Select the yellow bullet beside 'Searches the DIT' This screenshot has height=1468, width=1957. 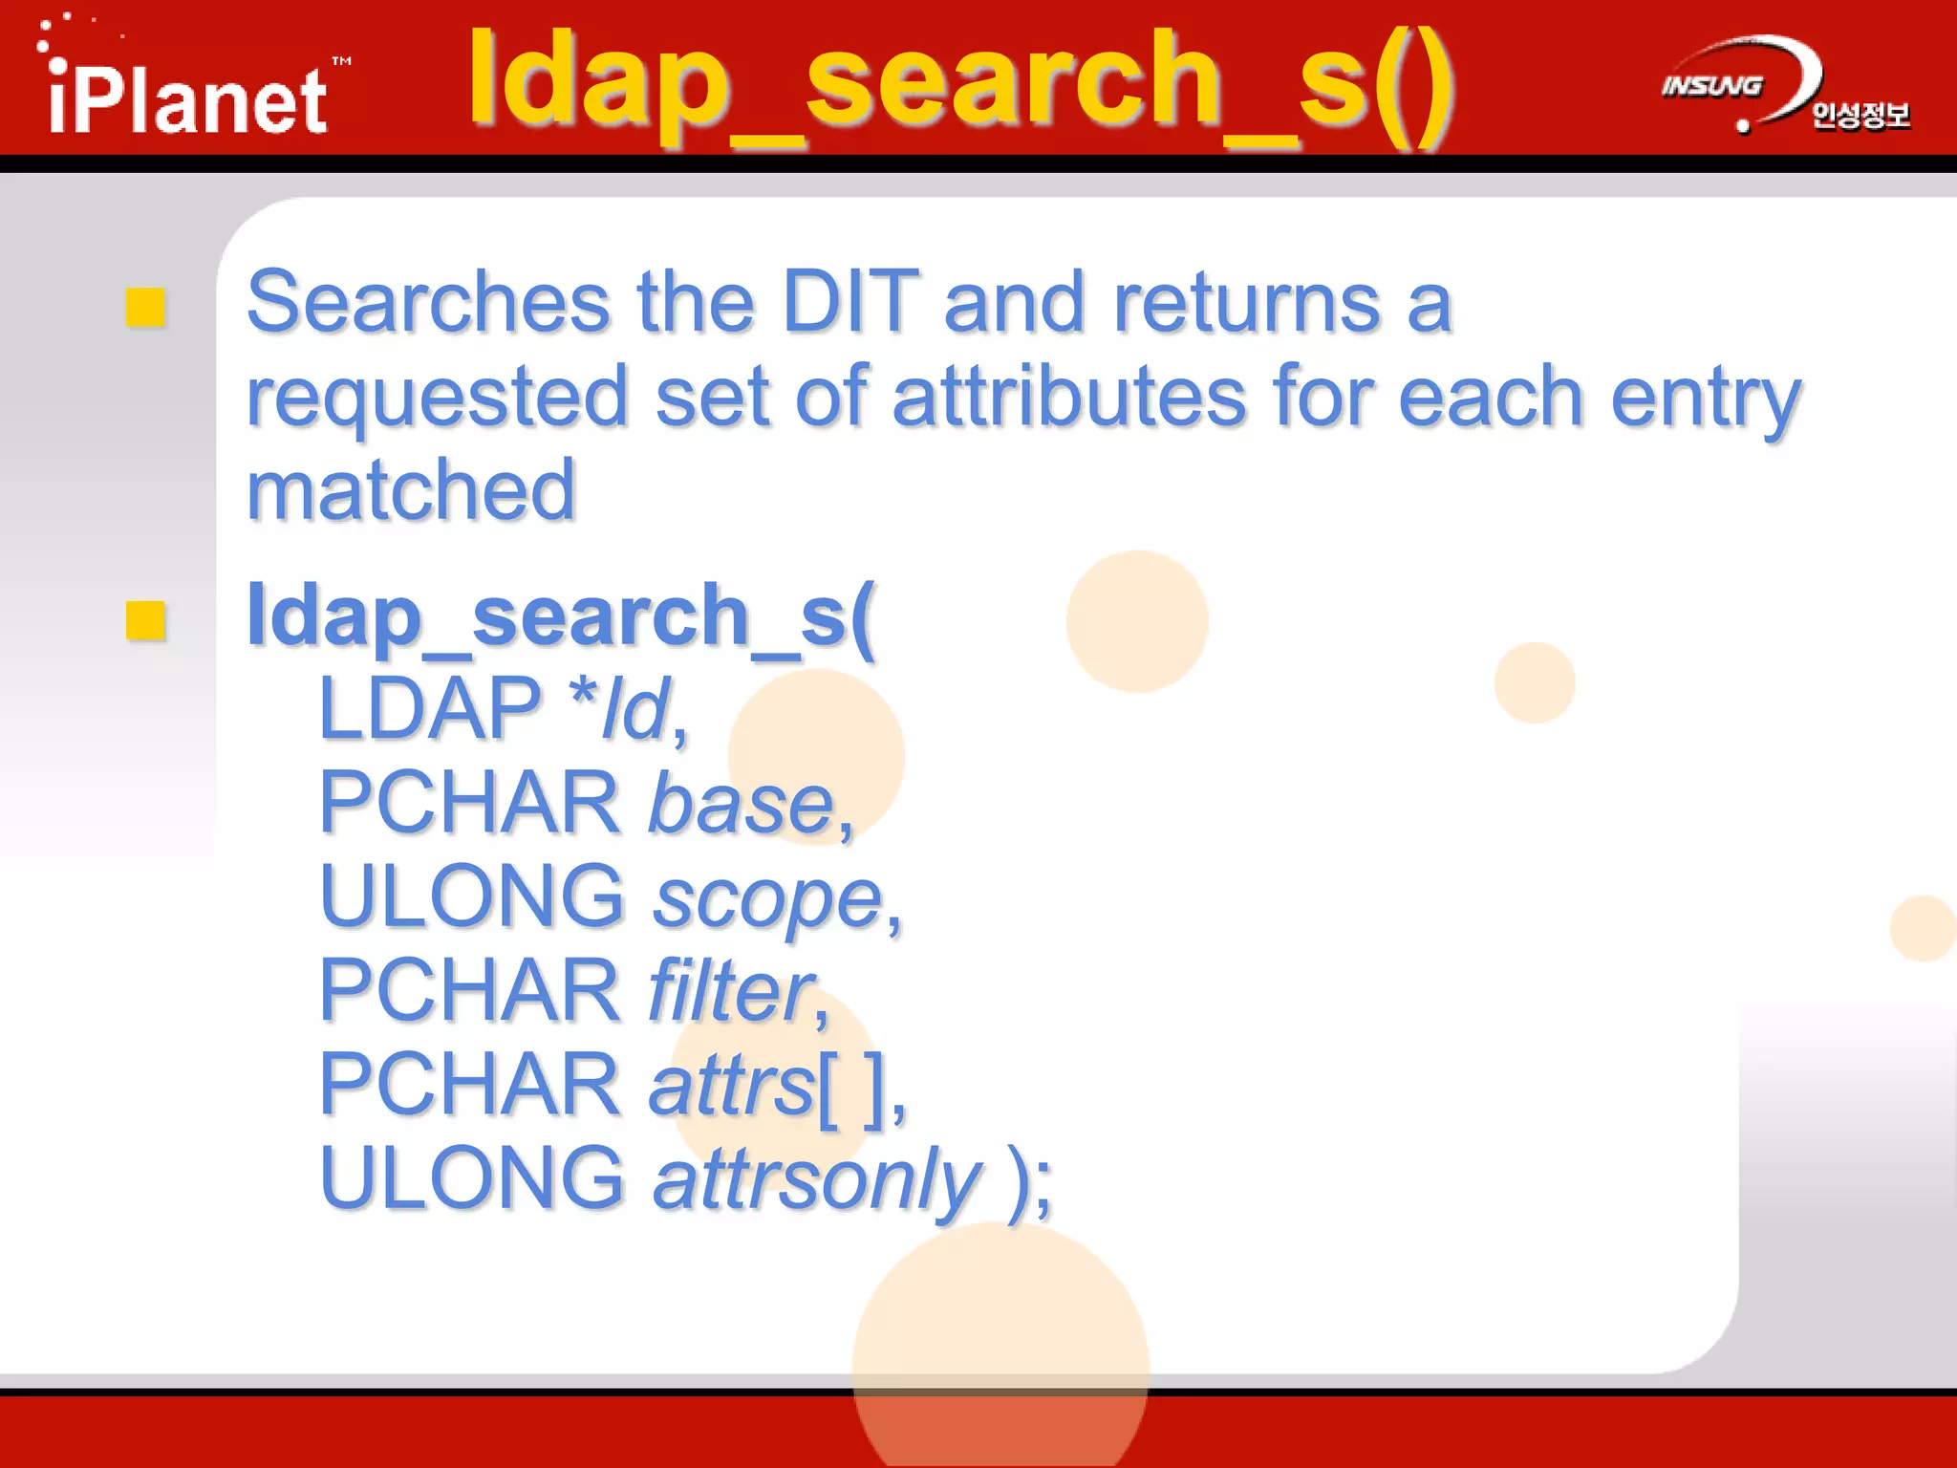point(146,308)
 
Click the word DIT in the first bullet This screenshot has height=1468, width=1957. point(849,302)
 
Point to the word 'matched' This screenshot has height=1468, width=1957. point(411,490)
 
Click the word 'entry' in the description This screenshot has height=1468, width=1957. point(1705,399)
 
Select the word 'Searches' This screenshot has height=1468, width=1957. point(428,302)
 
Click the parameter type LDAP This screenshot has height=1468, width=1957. point(430,708)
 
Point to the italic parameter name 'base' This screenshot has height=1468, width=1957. point(742,804)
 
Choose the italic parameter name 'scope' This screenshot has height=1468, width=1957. point(767,899)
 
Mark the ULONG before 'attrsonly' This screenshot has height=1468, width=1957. point(471,1177)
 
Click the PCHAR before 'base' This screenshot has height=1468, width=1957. point(469,802)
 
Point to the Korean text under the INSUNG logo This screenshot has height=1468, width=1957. point(1860,116)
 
